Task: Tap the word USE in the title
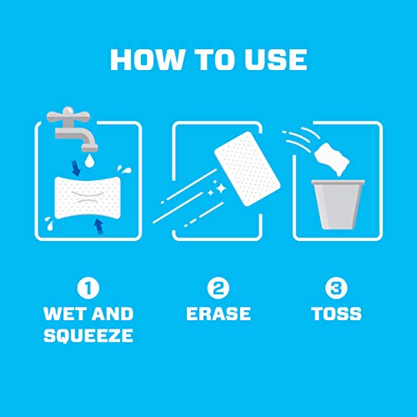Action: click(x=274, y=59)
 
